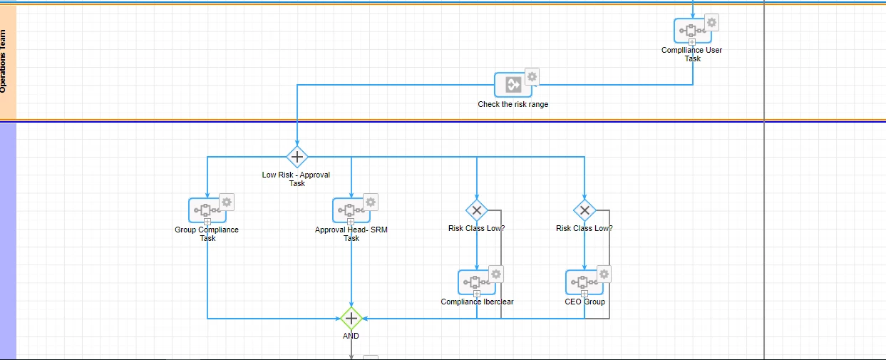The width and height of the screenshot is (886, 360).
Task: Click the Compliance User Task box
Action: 692,31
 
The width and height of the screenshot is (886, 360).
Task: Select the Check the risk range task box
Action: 513,85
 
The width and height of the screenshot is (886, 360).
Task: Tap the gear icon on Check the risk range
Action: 532,76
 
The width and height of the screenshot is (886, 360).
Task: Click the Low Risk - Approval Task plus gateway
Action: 297,157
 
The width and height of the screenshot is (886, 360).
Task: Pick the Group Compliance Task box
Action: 207,210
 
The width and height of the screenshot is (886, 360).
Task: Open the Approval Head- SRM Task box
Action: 351,210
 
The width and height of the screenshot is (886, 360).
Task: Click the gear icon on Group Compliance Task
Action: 227,202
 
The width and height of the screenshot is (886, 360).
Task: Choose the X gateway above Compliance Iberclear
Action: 477,210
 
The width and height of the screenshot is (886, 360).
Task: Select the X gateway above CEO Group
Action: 584,210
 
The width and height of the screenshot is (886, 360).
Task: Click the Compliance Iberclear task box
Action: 477,282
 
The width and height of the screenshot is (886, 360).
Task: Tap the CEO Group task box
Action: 584,282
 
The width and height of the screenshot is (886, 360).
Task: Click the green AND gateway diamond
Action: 351,319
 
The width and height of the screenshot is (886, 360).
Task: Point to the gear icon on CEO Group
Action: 604,274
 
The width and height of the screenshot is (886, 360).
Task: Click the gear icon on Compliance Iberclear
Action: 496,274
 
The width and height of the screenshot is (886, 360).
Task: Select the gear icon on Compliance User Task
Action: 711,23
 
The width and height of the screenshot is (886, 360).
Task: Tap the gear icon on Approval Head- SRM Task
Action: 371,202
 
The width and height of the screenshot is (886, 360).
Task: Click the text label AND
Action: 351,336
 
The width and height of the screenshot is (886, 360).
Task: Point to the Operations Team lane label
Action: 3,61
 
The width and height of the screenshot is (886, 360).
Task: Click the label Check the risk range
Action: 513,105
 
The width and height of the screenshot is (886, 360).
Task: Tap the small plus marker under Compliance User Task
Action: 692,42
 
